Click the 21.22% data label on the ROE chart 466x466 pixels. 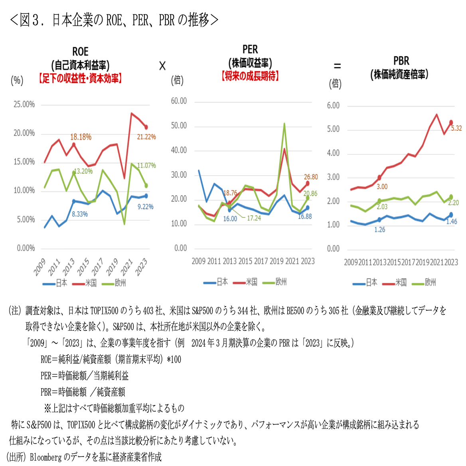pyautogui.click(x=146, y=137)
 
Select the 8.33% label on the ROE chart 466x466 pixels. pyautogui.click(x=80, y=214)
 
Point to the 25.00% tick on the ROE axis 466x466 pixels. pyautogui.click(x=24, y=105)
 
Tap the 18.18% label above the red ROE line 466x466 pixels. pyautogui.click(x=81, y=137)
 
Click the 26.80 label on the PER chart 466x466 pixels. pyautogui.click(x=311, y=177)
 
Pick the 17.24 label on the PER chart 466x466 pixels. pyautogui.click(x=254, y=218)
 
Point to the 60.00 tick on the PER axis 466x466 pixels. pyautogui.click(x=179, y=101)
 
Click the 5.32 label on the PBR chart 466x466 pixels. pyautogui.click(x=456, y=128)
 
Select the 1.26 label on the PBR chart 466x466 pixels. pyautogui.click(x=379, y=230)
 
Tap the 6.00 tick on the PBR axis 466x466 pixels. pyautogui.click(x=333, y=106)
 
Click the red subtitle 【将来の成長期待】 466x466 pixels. pyautogui.click(x=250, y=76)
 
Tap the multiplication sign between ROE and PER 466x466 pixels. pyautogui.click(x=162, y=66)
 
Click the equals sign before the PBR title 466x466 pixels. pyautogui.click(x=337, y=66)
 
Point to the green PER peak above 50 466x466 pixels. pyautogui.click(x=284, y=124)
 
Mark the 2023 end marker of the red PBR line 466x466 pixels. pyautogui.click(x=451, y=123)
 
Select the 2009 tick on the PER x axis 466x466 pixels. pyautogui.click(x=198, y=261)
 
